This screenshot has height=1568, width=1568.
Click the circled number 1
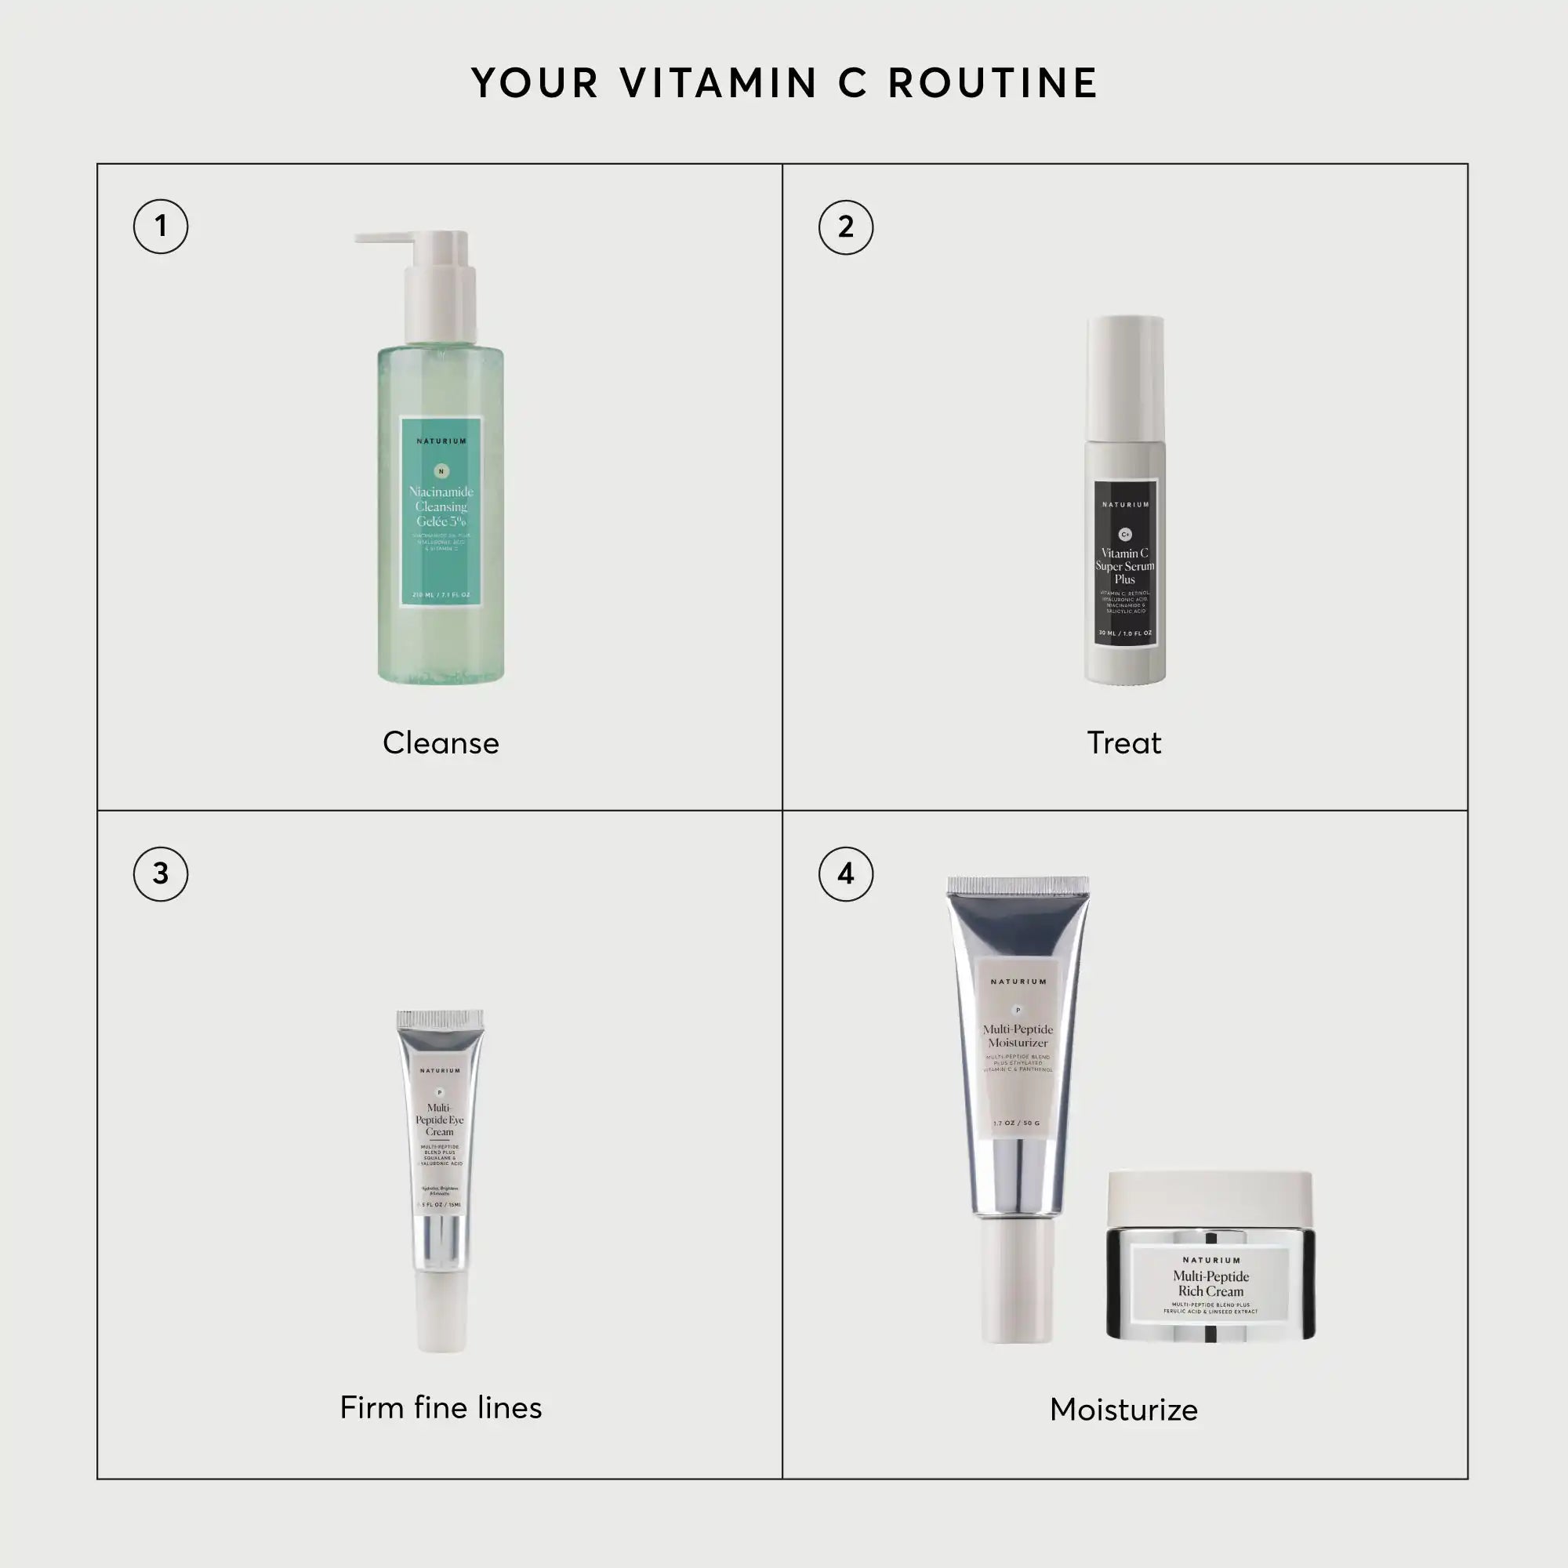161,226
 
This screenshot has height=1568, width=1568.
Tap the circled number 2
846,227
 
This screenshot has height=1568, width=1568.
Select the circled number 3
161,874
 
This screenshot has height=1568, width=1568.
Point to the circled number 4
846,874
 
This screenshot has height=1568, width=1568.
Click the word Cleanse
441,742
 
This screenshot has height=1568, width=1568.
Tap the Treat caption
1124,742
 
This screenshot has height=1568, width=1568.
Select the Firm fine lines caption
441,1407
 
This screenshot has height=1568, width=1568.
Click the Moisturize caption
1124,1410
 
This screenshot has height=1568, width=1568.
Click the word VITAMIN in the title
719,84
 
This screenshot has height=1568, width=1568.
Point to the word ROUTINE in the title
993,84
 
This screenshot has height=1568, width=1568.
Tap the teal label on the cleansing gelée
441,511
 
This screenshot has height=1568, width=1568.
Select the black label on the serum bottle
1125,564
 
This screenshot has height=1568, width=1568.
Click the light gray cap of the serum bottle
1126,377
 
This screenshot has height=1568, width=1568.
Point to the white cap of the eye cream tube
441,1314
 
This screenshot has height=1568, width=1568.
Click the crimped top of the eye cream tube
441,1020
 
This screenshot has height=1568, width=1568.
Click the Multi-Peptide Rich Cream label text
1211,1284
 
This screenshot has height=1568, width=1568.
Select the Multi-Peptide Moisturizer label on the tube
1018,1036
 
